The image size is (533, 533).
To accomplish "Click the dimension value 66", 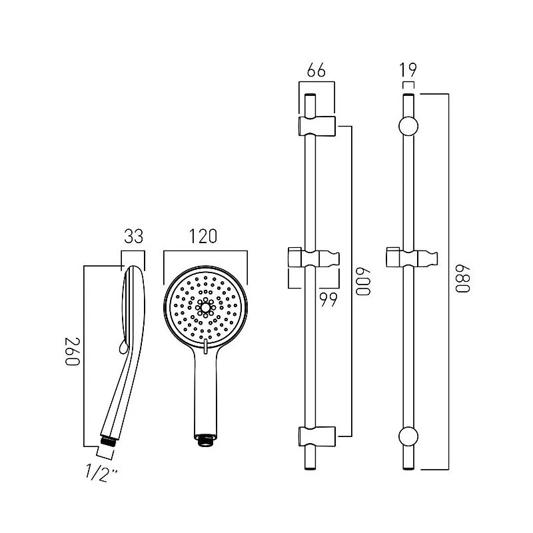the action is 316,71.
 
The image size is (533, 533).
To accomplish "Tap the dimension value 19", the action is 408,71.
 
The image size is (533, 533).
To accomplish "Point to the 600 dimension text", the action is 362,280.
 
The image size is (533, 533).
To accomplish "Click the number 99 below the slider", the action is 328,299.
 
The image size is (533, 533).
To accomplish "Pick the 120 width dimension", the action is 203,237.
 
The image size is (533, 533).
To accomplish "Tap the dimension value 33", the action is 134,237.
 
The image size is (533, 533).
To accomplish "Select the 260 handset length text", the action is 72,352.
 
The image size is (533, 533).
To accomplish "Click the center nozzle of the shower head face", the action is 205,307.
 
